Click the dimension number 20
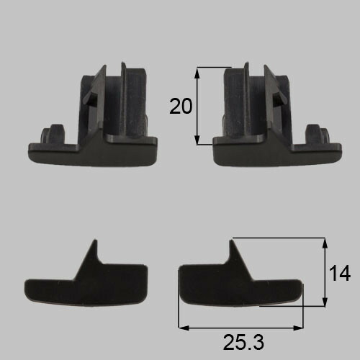click(181, 107)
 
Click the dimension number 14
click(340, 273)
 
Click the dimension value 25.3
click(243, 342)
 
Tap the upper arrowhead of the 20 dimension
click(197, 73)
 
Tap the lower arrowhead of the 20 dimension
click(197, 140)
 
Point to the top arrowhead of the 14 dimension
click(325, 243)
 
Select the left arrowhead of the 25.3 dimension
click(184, 328)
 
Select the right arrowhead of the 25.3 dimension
click(298, 328)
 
